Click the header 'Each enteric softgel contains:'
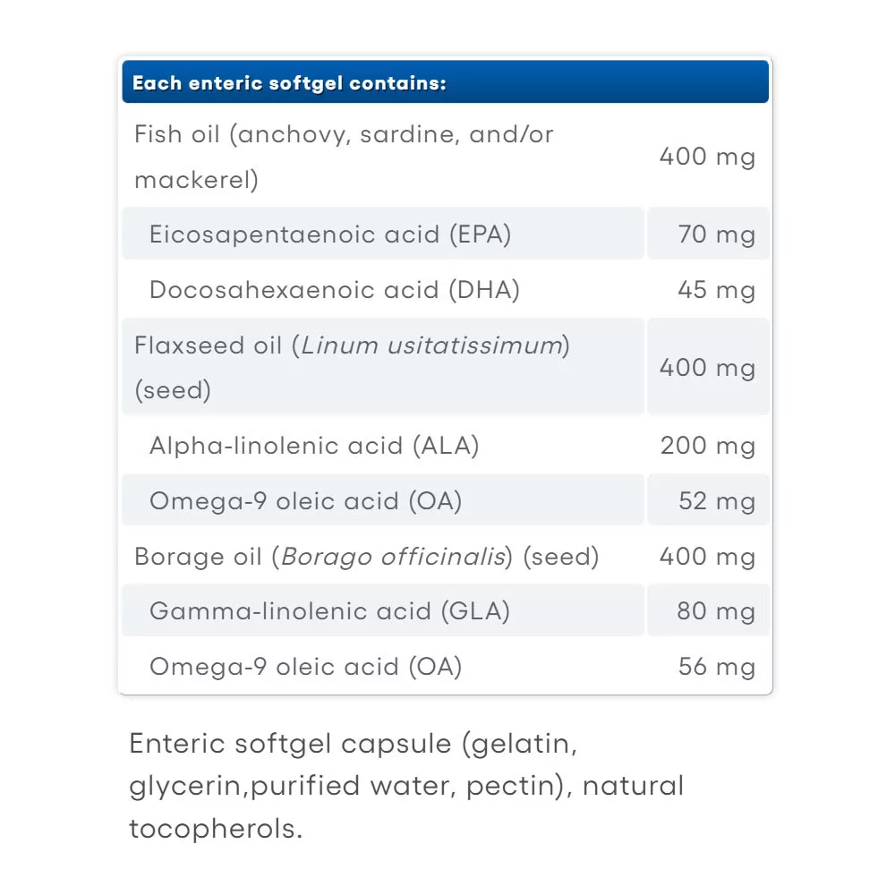pyautogui.click(x=289, y=84)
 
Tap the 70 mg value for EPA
pyautogui.click(x=716, y=234)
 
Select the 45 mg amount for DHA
pyautogui.click(x=716, y=290)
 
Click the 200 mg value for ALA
pyautogui.click(x=707, y=446)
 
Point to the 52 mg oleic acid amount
pyautogui.click(x=716, y=500)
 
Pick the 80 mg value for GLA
pyautogui.click(x=716, y=611)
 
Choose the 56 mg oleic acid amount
pyautogui.click(x=716, y=667)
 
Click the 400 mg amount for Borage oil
pyautogui.click(x=707, y=557)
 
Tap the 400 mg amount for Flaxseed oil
pyautogui.click(x=707, y=368)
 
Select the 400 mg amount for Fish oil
pyautogui.click(x=707, y=158)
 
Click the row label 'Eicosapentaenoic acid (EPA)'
pyautogui.click(x=330, y=234)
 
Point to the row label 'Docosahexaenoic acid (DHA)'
pyautogui.click(x=334, y=290)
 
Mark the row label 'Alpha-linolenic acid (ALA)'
pyautogui.click(x=314, y=446)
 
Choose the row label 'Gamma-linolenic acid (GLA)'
pyautogui.click(x=329, y=611)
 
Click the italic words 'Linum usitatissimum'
pyautogui.click(x=431, y=345)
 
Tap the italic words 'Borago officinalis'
pyautogui.click(x=393, y=557)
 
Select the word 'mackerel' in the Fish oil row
pyautogui.click(x=192, y=180)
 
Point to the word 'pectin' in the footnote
pyautogui.click(x=527, y=786)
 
